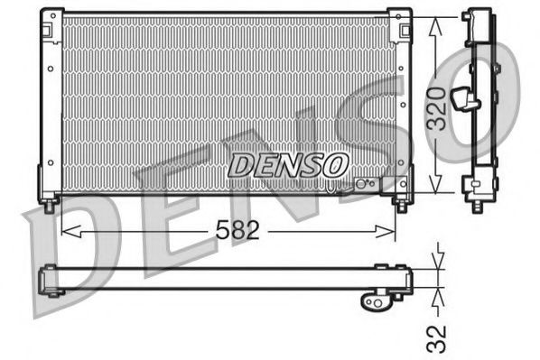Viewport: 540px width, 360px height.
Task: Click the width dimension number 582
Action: (x=239, y=231)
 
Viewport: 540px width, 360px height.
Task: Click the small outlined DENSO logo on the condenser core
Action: (x=287, y=165)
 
